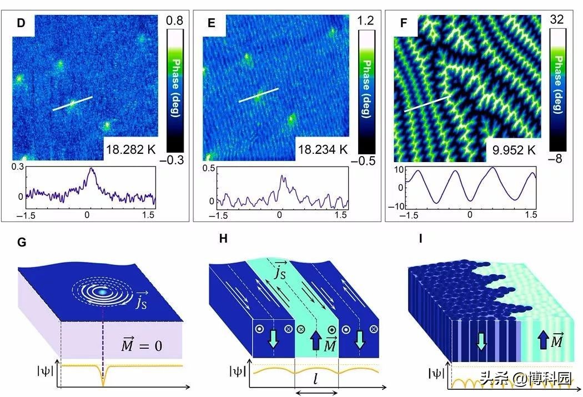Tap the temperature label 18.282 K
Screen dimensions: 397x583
[129, 148]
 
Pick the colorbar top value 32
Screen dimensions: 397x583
[557, 19]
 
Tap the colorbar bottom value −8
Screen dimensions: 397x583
[557, 159]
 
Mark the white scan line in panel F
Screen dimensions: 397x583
[426, 103]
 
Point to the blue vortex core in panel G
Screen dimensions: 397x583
[102, 290]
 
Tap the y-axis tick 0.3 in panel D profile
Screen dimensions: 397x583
[18, 167]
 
